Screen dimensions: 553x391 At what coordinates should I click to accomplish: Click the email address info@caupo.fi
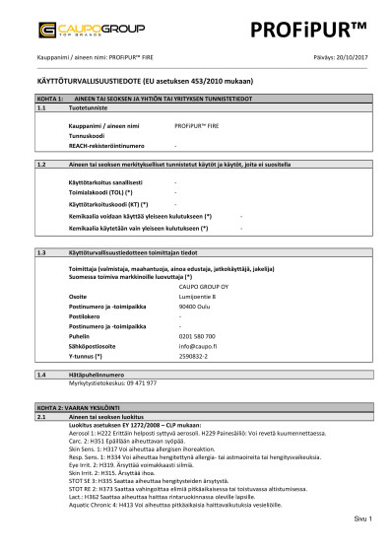tap(198, 347)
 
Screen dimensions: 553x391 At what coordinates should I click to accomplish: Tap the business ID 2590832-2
tap(197, 356)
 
